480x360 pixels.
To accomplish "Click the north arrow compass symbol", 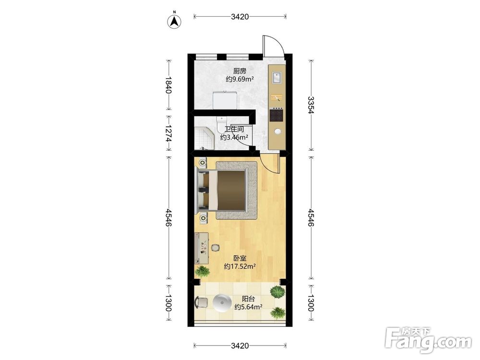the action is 174,21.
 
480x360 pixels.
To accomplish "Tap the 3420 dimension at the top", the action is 240,16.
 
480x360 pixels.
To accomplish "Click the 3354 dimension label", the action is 311,105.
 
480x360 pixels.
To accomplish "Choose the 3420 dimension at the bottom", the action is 240,346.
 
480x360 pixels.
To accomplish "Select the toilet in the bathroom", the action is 221,124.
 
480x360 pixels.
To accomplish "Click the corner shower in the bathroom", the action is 203,137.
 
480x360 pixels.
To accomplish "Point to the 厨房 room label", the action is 240,71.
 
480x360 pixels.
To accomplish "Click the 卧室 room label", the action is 240,259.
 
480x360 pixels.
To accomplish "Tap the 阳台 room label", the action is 248,299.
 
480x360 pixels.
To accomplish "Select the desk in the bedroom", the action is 202,248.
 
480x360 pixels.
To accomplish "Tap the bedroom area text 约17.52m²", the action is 240,266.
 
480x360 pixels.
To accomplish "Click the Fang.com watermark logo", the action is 428,340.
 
